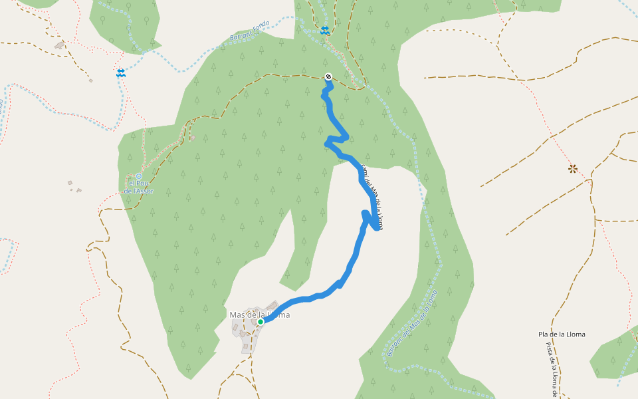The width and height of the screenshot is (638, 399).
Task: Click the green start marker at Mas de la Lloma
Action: click(x=261, y=322)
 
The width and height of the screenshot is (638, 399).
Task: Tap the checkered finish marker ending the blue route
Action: click(x=328, y=76)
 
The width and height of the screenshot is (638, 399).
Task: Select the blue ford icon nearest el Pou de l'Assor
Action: click(x=120, y=73)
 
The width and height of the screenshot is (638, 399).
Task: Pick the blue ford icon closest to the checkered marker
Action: click(x=324, y=31)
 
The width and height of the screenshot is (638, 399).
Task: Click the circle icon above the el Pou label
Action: click(x=139, y=176)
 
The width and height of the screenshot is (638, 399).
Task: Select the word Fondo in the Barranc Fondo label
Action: click(x=261, y=24)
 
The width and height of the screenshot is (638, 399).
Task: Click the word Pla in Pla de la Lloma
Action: click(x=544, y=334)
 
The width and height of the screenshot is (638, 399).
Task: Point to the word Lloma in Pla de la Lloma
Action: click(x=574, y=334)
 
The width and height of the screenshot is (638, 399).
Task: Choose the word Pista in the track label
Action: click(x=550, y=350)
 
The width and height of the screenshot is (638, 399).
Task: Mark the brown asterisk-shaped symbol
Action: click(x=573, y=169)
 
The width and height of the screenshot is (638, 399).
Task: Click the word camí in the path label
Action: click(x=364, y=172)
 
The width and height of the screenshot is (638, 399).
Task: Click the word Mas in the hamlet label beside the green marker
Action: click(x=237, y=315)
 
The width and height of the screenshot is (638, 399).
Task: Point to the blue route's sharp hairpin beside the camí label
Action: click(x=377, y=228)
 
